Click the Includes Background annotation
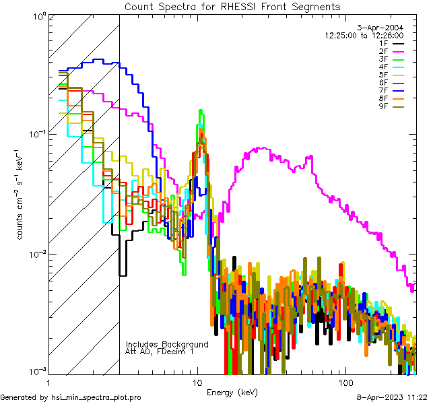(x=167, y=344)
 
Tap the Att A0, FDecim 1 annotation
(x=160, y=351)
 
